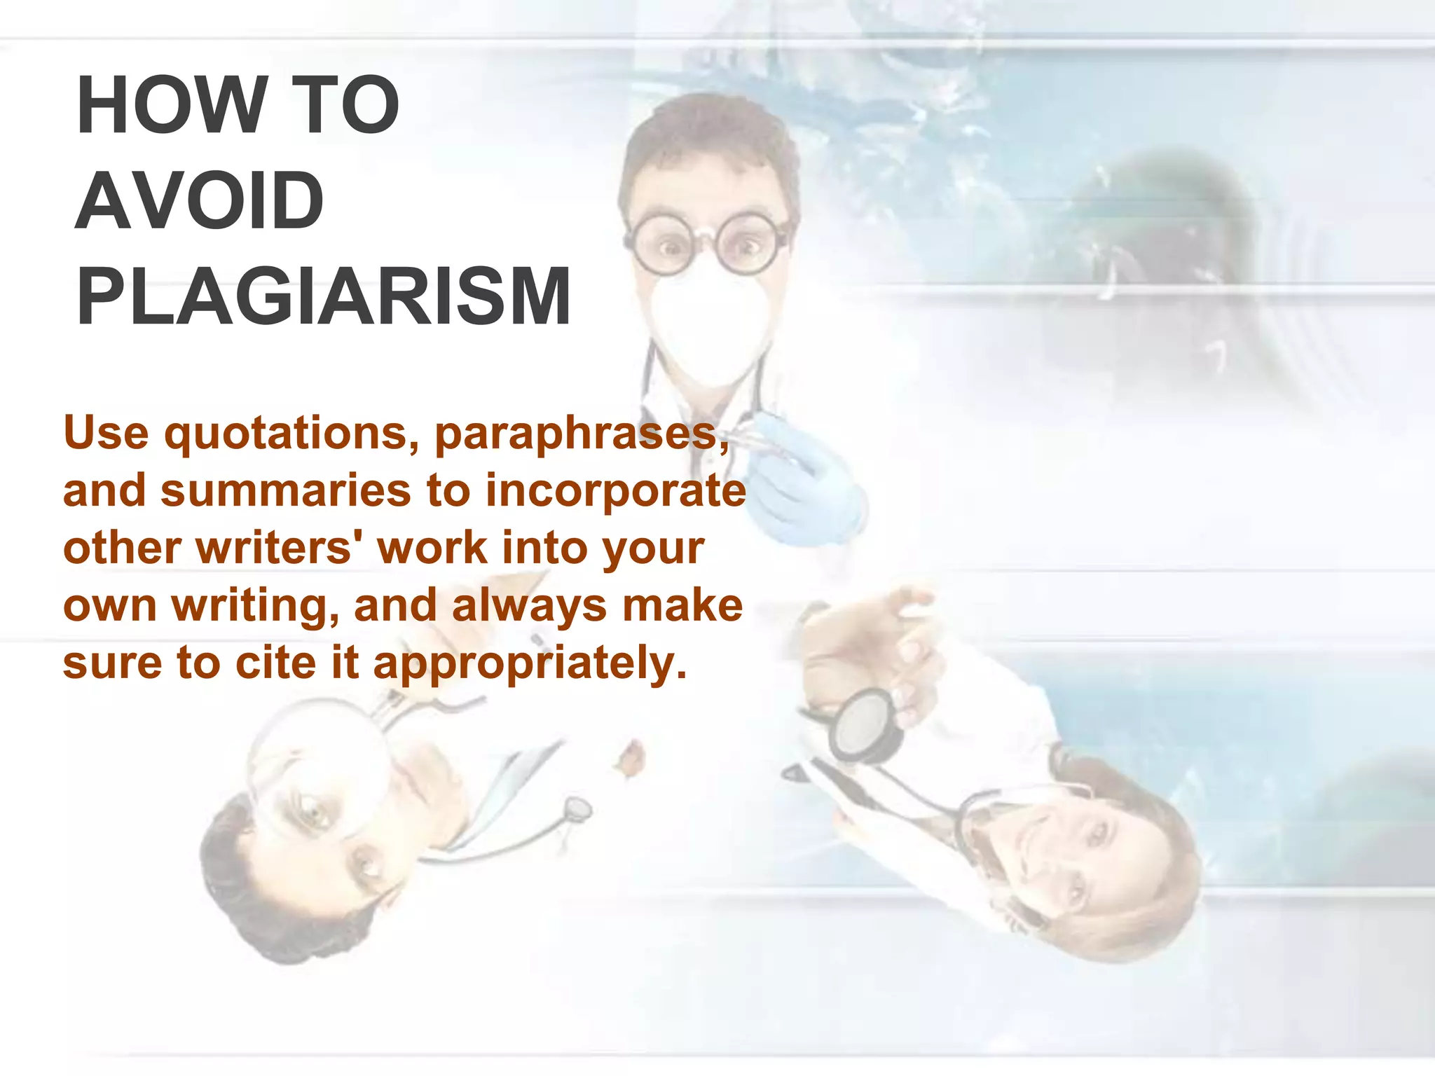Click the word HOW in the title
169,106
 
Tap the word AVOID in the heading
199,202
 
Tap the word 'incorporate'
615,491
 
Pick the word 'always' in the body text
529,605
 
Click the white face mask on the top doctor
708,329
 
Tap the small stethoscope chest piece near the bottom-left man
578,810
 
